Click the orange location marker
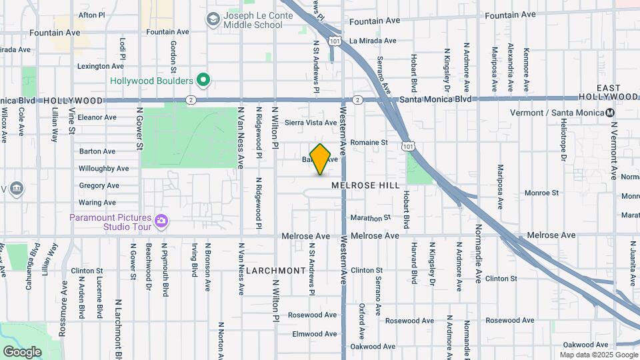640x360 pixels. pyautogui.click(x=321, y=159)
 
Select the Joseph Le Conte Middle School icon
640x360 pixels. pyautogui.click(x=213, y=19)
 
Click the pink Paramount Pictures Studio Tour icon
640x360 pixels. pyautogui.click(x=161, y=220)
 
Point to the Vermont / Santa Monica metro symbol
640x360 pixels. pyautogui.click(x=610, y=113)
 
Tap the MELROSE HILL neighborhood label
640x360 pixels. pyautogui.click(x=365, y=185)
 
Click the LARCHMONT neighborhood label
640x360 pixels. pyautogui.click(x=275, y=271)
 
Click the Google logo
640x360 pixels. pyautogui.click(x=22, y=351)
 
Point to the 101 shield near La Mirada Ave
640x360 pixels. pyautogui.click(x=332, y=41)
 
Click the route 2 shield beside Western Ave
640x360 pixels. pyautogui.click(x=357, y=100)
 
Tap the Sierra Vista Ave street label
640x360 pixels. pyautogui.click(x=311, y=123)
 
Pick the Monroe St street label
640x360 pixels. pyautogui.click(x=541, y=193)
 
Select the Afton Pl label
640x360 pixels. pyautogui.click(x=92, y=14)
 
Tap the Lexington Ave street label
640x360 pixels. pyautogui.click(x=101, y=66)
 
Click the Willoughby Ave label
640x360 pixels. pyautogui.click(x=104, y=169)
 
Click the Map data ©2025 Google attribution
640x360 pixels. pyautogui.click(x=597, y=355)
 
